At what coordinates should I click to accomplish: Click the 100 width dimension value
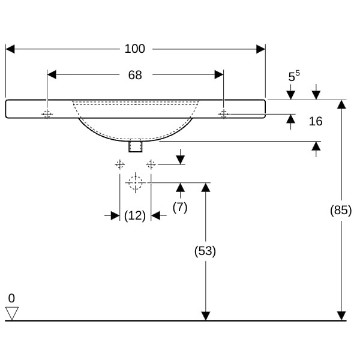pyautogui.click(x=135, y=49)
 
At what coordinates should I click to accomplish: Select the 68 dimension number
pyautogui.click(x=135, y=75)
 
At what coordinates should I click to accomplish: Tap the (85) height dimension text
pyautogui.click(x=341, y=210)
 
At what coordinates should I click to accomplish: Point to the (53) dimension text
pyautogui.click(x=205, y=251)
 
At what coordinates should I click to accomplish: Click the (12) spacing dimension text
pyautogui.click(x=135, y=215)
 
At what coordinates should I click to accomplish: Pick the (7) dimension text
pyautogui.click(x=180, y=207)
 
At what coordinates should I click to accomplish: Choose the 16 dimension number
pyautogui.click(x=316, y=121)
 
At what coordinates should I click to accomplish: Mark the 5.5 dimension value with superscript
pyautogui.click(x=293, y=76)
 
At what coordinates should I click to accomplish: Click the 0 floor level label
pyautogui.click(x=11, y=298)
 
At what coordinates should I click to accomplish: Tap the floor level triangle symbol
pyautogui.click(x=11, y=313)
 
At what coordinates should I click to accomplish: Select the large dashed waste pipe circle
pyautogui.click(x=136, y=182)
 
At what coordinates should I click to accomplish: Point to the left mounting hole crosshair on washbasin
pyautogui.click(x=47, y=114)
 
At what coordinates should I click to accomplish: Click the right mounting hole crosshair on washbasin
pyautogui.click(x=223, y=114)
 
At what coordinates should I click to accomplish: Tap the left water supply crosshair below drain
pyautogui.click(x=120, y=164)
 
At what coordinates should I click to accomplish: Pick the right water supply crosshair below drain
pyautogui.click(x=151, y=164)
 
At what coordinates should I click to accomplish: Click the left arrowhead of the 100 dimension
pyautogui.click(x=10, y=49)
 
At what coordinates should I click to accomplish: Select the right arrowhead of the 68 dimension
pyautogui.click(x=219, y=74)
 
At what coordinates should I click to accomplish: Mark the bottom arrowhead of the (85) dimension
pyautogui.click(x=341, y=316)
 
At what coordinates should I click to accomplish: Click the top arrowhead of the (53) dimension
pyautogui.click(x=205, y=187)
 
